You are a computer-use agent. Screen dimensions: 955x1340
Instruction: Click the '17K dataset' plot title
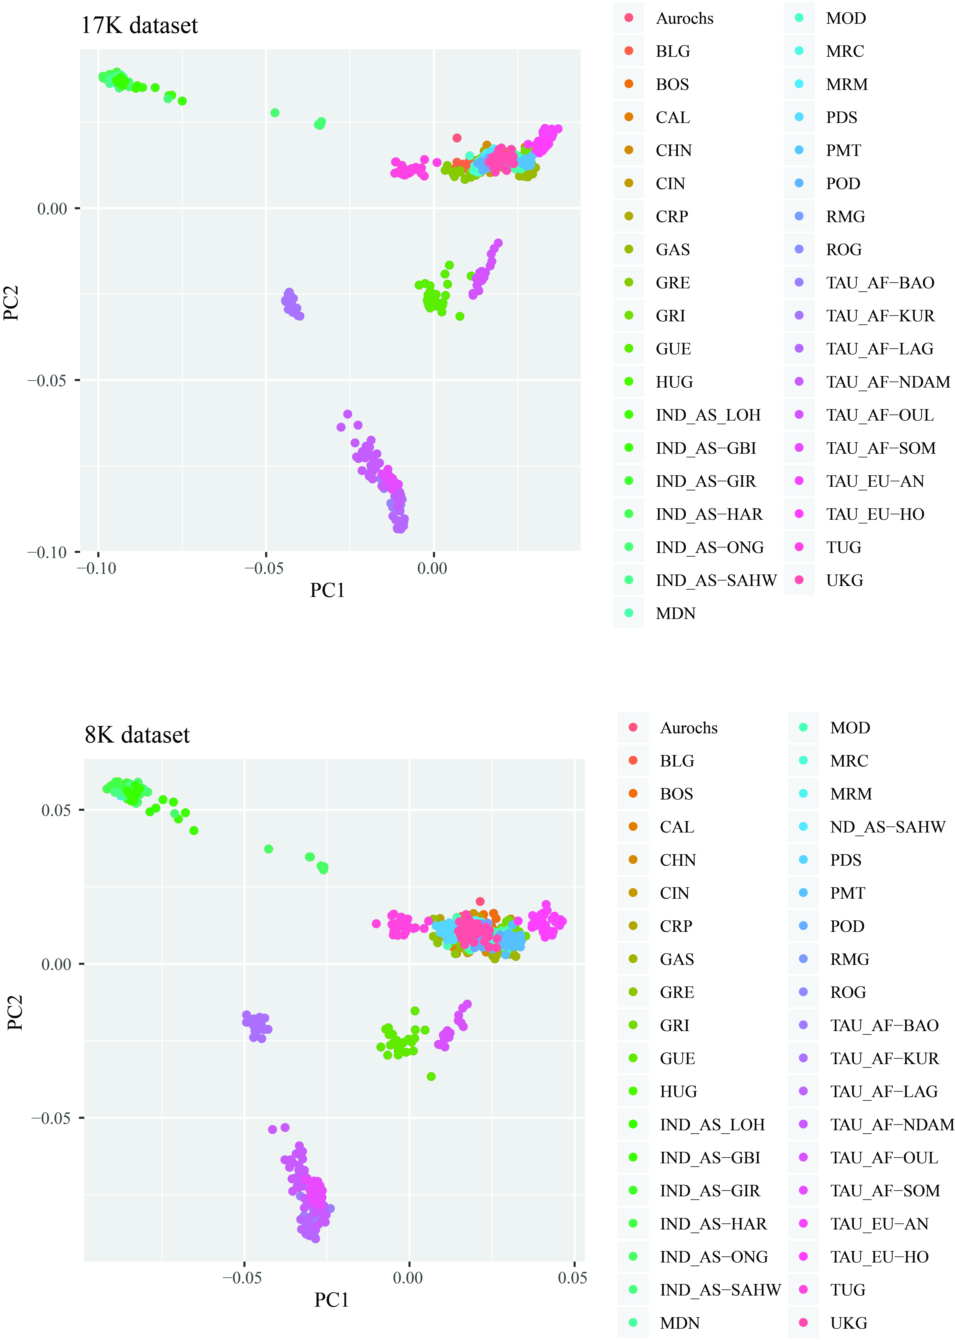point(139,25)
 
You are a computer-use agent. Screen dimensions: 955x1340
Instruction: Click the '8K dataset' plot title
point(137,735)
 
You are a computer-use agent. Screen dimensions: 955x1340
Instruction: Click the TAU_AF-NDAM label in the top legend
point(888,382)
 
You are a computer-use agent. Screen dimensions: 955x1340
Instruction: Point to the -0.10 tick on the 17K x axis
point(97,568)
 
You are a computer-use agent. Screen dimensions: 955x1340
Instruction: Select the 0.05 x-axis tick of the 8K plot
point(572,1277)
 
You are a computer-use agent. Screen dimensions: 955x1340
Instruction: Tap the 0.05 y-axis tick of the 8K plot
point(56,810)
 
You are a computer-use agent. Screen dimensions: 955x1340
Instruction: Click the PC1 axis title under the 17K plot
point(327,590)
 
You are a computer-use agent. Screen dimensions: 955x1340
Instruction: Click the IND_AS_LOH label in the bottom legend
point(712,1124)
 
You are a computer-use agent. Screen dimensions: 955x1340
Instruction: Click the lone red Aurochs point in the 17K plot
point(457,138)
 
